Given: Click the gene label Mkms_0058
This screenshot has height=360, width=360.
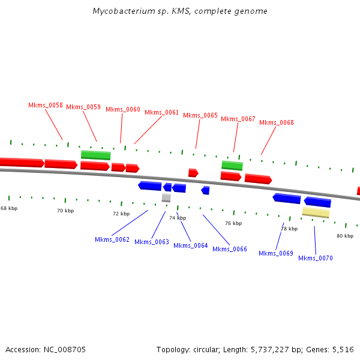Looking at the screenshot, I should coord(46,105).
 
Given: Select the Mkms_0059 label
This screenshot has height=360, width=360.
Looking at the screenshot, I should coord(83,107).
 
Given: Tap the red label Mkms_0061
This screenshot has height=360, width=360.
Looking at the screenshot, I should coord(161,112).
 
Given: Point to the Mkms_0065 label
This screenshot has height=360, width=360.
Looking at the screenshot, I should coord(200,115).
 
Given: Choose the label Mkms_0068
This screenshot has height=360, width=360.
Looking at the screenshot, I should coord(277,122).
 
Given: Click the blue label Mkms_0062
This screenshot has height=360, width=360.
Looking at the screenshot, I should coord(112,239).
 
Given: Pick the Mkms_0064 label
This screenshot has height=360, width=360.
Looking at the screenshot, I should coord(191,245).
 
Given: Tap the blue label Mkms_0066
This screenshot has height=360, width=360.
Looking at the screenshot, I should coord(230,249).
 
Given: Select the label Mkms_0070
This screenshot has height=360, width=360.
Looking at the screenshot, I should coord(316,258).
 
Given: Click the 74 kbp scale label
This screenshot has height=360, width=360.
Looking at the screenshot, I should coord(178,218).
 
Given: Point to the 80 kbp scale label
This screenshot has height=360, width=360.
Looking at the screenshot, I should coord(345,236).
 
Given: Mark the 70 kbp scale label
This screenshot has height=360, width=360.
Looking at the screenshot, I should coord(65,211).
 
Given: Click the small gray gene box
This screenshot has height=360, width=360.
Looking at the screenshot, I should coord(166,197).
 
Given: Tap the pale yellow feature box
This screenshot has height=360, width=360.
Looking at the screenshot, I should coord(316,212).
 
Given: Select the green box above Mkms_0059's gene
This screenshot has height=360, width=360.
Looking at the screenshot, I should coord(96,155).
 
